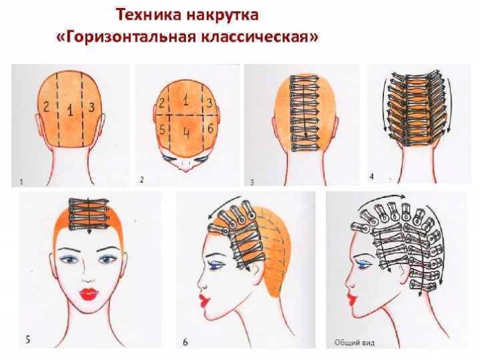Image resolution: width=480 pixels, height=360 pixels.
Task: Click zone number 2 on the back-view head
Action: coord(46,107)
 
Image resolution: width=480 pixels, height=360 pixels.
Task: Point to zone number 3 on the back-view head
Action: coord(91,107)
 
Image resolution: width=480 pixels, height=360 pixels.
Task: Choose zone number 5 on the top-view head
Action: coord(162,130)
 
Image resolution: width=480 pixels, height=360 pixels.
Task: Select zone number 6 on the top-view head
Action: coord(210,129)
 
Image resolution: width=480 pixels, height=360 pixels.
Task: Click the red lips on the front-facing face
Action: coord(89,294)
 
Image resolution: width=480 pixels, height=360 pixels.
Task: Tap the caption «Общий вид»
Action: coord(354,343)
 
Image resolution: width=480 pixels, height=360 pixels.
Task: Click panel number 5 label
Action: coord(28,340)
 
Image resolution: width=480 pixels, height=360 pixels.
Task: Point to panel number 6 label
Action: coord(185,342)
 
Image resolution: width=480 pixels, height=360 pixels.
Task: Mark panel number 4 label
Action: coord(372,177)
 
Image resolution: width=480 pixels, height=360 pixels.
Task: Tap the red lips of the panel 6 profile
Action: coord(203,300)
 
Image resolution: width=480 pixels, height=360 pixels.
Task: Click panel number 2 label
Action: coord(142,179)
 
